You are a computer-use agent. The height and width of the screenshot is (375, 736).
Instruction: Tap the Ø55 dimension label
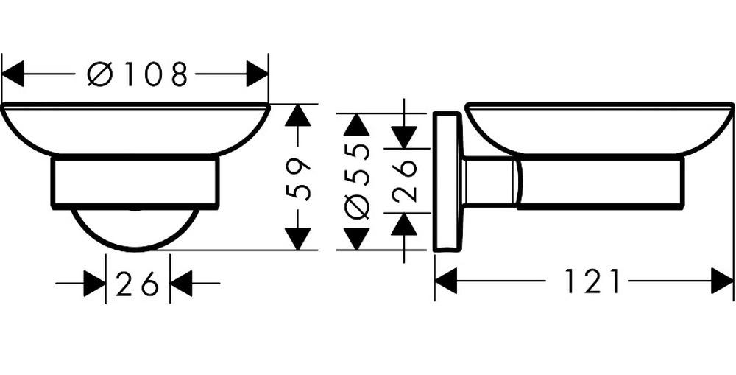pos(357,181)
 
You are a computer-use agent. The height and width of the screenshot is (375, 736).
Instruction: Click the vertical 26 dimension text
pos(404,181)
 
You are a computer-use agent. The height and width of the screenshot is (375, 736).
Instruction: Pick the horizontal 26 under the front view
pos(138,284)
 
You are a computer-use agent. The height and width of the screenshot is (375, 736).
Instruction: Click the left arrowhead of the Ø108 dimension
pos(13,74)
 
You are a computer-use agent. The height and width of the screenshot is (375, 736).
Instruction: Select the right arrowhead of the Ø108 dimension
pos(258,74)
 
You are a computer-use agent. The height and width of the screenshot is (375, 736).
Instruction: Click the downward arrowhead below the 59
pos(297,238)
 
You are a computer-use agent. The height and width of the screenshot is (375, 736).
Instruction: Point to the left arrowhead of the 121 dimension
pos(446,281)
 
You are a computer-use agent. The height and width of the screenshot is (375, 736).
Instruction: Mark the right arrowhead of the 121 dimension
pos(723,281)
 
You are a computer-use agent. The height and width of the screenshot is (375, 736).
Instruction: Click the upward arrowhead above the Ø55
pos(357,125)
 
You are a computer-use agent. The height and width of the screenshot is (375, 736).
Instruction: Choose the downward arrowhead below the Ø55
pos(357,238)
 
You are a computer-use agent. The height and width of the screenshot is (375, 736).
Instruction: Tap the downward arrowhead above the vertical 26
pos(404,137)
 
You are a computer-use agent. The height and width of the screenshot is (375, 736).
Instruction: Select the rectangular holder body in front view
pos(135,181)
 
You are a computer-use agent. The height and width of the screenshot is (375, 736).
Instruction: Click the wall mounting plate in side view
pos(446,181)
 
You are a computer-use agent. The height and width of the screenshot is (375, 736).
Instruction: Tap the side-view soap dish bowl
pos(600,130)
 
